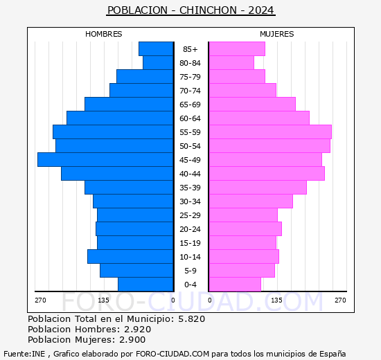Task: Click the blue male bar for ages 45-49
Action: [x=105, y=159]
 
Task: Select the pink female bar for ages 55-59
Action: [x=269, y=132]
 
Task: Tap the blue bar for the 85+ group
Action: [x=156, y=48]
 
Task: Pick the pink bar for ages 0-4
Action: [x=234, y=285]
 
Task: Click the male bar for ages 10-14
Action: [x=130, y=256]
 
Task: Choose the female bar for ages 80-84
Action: [x=231, y=62]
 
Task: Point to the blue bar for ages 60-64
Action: [x=120, y=118]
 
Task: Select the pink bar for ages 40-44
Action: [x=266, y=173]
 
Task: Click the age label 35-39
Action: [x=190, y=188]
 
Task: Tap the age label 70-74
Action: [x=190, y=91]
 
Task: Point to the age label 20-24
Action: [x=190, y=229]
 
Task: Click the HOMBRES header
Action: [x=104, y=34]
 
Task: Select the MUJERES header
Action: [x=276, y=34]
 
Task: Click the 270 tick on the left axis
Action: [x=40, y=300]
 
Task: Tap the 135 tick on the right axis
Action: [x=276, y=300]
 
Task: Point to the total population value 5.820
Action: [x=190, y=319]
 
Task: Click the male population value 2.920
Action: [x=136, y=330]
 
